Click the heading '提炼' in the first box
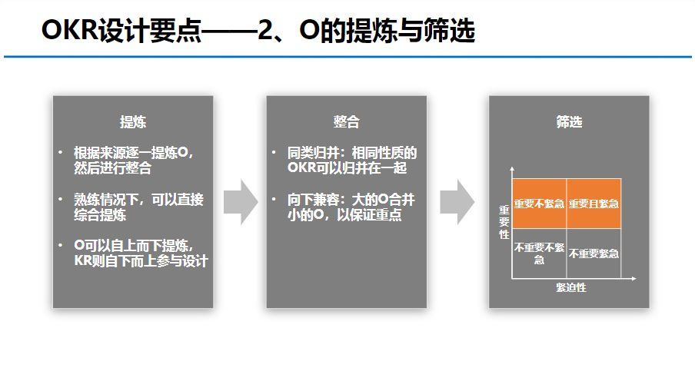[133, 122]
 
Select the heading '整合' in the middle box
[346, 122]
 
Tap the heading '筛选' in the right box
[569, 122]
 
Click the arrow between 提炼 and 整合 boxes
[240, 202]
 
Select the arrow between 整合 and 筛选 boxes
[457, 202]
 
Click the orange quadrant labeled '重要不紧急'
[539, 204]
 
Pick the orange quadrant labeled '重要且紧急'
[593, 204]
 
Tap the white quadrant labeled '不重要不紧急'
[539, 253]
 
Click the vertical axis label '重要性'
[504, 222]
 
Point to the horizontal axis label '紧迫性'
[571, 287]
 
